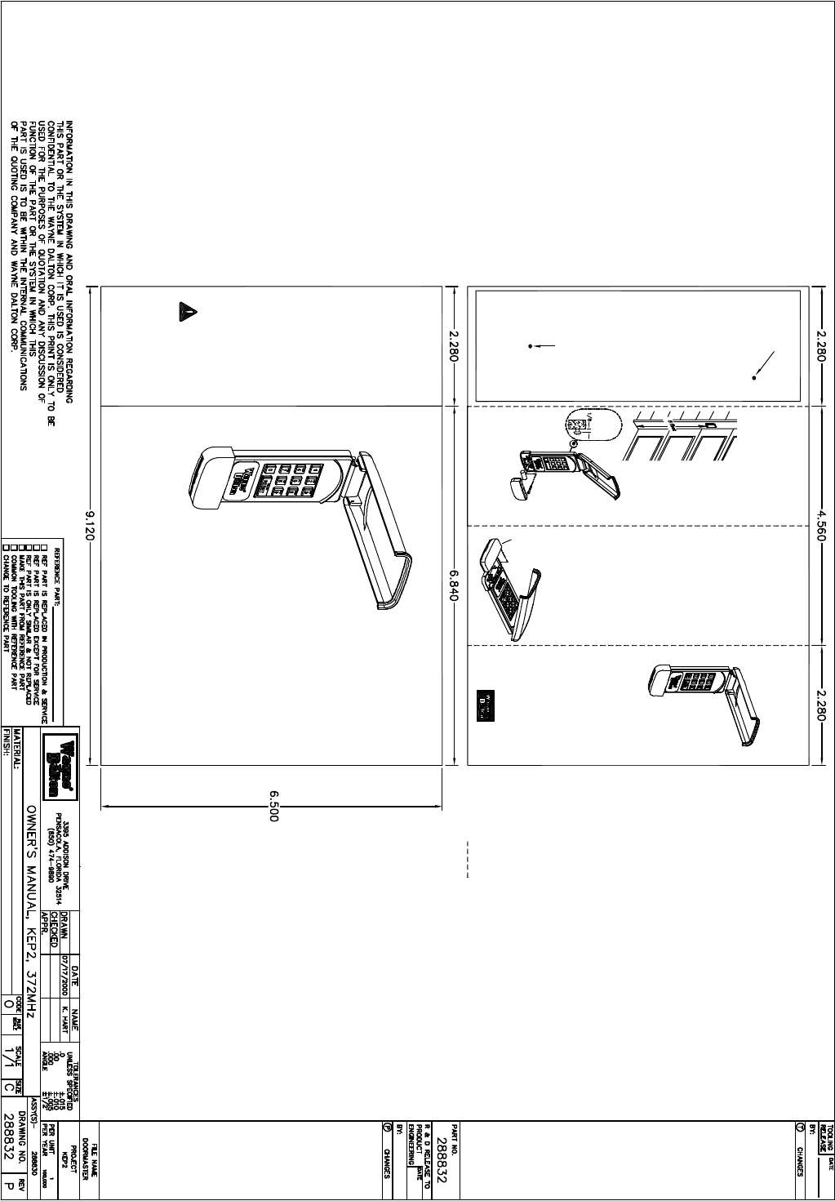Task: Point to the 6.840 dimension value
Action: [x=455, y=585]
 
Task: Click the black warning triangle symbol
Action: [x=187, y=311]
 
